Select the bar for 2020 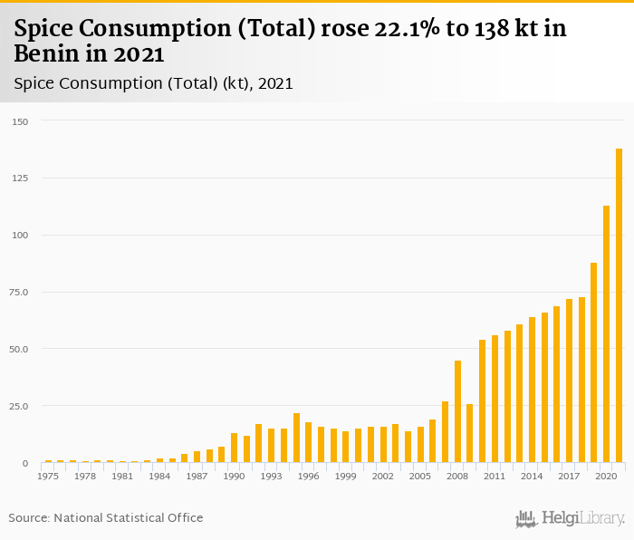tap(607, 334)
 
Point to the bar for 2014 tap(532, 390)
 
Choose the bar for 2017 tap(570, 381)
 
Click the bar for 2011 tap(495, 399)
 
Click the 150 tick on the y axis tap(20, 121)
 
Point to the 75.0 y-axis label tap(20, 292)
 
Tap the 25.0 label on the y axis tap(20, 406)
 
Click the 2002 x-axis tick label tap(383, 476)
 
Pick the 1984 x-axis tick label tap(159, 476)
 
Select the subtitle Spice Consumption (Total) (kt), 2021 tap(153, 83)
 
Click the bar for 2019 tap(594, 362)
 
